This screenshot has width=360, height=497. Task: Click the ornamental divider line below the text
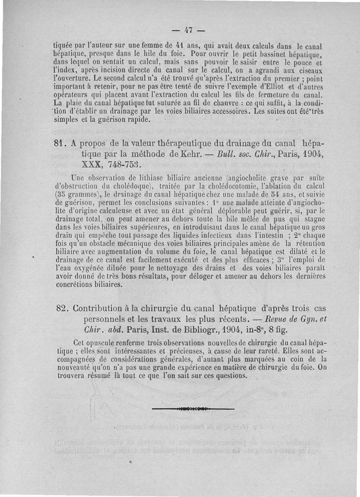coord(193,409)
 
